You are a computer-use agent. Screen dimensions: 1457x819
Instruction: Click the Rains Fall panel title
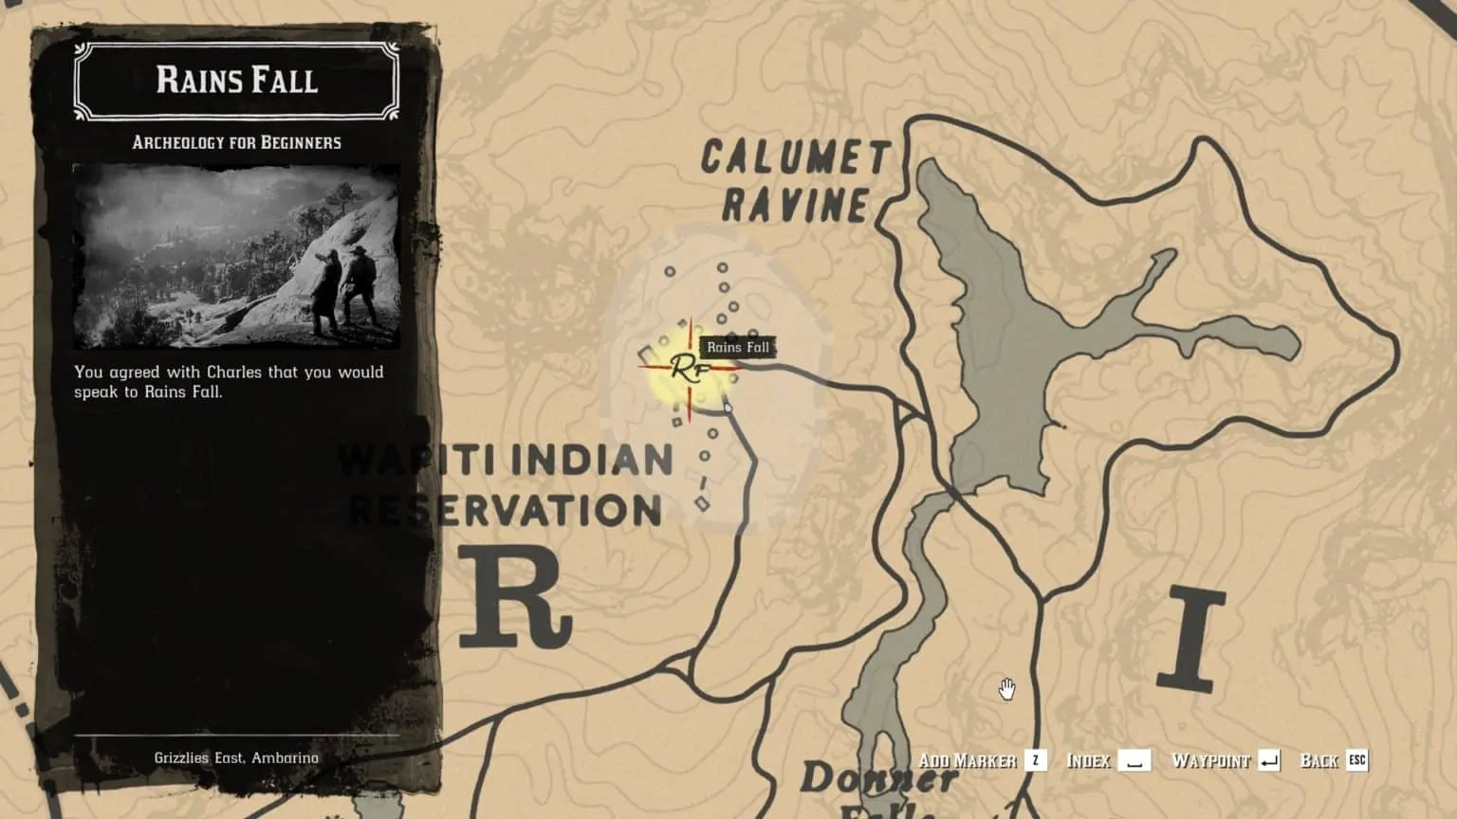[x=236, y=81]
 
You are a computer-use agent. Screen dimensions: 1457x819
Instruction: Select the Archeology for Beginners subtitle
[x=236, y=143]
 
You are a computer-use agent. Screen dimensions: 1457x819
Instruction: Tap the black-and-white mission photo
[x=236, y=256]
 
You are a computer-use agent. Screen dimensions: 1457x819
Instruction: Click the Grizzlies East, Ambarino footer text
[x=236, y=758]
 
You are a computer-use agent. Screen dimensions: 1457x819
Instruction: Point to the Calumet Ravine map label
[x=795, y=181]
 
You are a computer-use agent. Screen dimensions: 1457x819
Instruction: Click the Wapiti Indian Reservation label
[x=506, y=485]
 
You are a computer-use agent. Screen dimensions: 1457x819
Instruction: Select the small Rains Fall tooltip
[x=737, y=347]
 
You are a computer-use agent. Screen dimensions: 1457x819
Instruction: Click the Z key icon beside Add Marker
[x=1036, y=760]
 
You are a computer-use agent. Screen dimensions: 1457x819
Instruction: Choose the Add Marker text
[x=967, y=760]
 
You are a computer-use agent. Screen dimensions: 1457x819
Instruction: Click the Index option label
[x=1088, y=760]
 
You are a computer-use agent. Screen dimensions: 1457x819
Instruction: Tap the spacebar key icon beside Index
[x=1134, y=760]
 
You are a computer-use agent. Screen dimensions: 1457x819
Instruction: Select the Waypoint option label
[x=1210, y=760]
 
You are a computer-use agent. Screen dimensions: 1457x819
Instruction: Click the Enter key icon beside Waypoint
[x=1269, y=760]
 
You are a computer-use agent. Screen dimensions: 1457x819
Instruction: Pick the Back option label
[x=1319, y=760]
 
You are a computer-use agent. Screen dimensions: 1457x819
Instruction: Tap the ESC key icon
[x=1357, y=760]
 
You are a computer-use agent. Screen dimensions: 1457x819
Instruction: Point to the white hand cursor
[x=1006, y=689]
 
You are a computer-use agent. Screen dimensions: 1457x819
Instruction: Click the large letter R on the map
[x=515, y=597]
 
